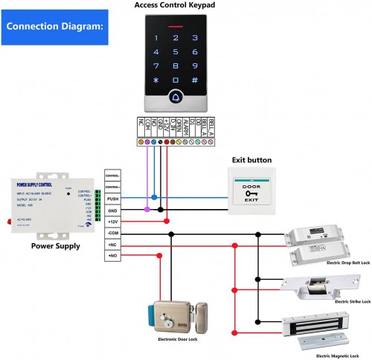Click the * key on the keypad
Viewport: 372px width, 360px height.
[x=156, y=80]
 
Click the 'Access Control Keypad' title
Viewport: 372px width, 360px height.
[x=176, y=5]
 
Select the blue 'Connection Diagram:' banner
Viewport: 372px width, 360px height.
[x=54, y=27]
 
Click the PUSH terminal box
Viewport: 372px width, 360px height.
[x=112, y=199]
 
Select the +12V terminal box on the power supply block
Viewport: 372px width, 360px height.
[x=112, y=222]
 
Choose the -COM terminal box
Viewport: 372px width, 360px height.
[x=112, y=233]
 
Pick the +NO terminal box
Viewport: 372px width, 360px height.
[x=112, y=256]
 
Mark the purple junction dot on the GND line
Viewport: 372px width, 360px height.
[x=147, y=210]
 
